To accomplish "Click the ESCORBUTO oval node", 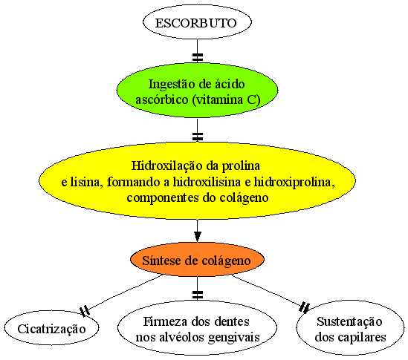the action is point(197,22).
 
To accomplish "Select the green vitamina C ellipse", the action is point(197,90).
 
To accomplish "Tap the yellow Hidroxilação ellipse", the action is point(197,181).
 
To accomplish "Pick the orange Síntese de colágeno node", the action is point(197,260).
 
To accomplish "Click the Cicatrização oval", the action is point(51,328).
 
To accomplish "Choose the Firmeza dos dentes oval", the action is point(197,328).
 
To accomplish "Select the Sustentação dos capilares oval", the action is point(350,328).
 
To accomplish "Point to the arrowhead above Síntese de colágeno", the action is point(197,237).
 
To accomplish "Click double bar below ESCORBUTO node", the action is point(198,57).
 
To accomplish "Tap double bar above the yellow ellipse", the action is point(198,137).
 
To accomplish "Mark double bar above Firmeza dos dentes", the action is point(198,295).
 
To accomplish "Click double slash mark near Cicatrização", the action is point(85,311).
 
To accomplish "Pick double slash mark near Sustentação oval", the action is point(305,307).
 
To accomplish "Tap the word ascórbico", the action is point(161,99).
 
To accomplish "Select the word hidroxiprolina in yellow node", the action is point(294,182).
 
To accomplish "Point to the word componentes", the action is point(163,198).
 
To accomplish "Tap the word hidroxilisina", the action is point(207,182).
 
